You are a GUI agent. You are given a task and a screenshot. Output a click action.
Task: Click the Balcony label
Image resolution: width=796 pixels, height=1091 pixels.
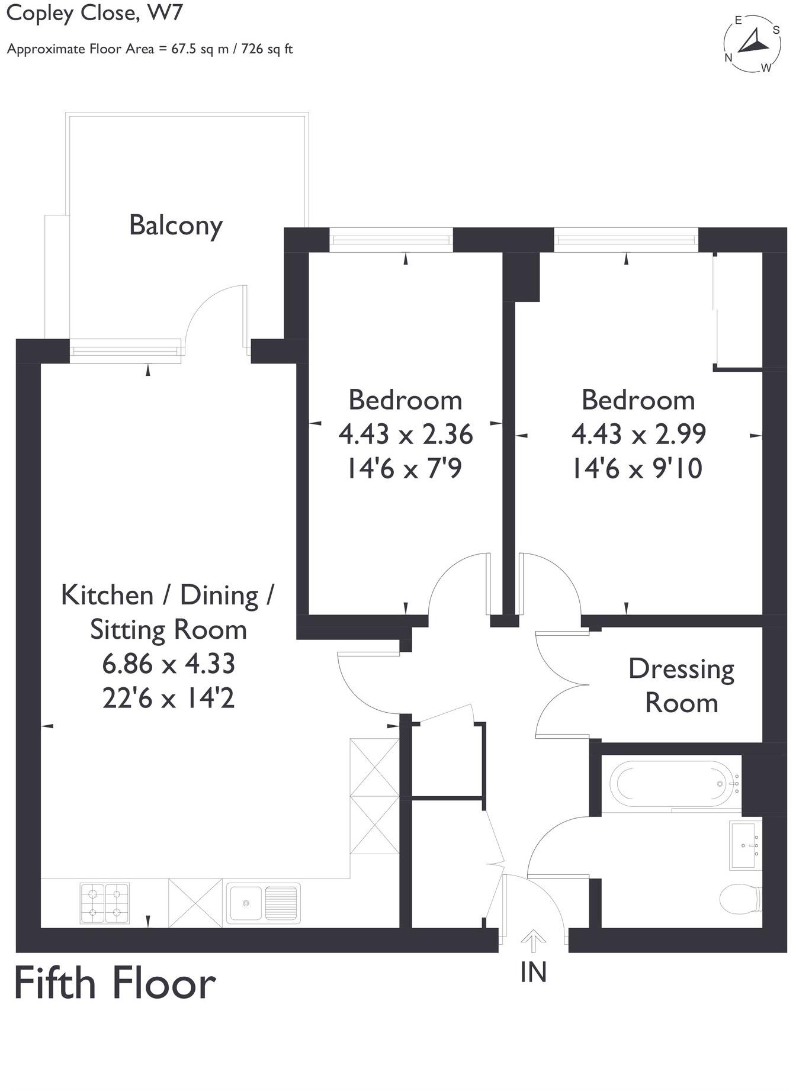coord(175,226)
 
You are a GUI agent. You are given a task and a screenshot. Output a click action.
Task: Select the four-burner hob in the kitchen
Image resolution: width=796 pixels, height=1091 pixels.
coord(104,903)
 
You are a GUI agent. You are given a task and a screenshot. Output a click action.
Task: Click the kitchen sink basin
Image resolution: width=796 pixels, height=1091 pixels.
coord(245,903)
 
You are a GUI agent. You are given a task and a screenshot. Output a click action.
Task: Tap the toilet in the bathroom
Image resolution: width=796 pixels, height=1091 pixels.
coord(739,899)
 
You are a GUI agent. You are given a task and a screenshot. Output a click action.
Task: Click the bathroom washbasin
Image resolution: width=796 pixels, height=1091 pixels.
coord(744,845)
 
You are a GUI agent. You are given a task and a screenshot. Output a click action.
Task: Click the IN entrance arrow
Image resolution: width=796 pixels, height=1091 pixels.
coord(533,940)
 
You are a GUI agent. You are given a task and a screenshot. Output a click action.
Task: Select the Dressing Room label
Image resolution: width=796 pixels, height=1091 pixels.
coord(681,686)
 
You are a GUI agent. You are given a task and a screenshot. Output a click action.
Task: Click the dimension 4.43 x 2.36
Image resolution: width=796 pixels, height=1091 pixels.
coord(405,434)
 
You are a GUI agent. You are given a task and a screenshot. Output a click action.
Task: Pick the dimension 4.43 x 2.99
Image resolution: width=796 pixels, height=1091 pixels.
coord(638,434)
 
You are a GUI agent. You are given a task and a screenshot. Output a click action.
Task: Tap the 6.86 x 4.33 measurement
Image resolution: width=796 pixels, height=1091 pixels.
coord(169,664)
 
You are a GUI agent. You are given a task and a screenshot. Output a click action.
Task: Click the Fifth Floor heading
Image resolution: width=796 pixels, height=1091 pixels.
coord(114,984)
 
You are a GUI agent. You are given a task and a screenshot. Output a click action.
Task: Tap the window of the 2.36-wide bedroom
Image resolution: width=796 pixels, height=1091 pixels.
coord(391,240)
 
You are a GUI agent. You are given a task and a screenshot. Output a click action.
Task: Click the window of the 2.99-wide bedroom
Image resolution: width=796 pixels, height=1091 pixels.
coord(626,240)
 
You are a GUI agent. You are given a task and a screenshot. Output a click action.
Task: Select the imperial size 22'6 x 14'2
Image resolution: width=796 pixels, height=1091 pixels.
coord(169,699)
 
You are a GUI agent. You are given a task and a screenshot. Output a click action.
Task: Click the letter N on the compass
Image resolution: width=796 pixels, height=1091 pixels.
coord(728,58)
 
